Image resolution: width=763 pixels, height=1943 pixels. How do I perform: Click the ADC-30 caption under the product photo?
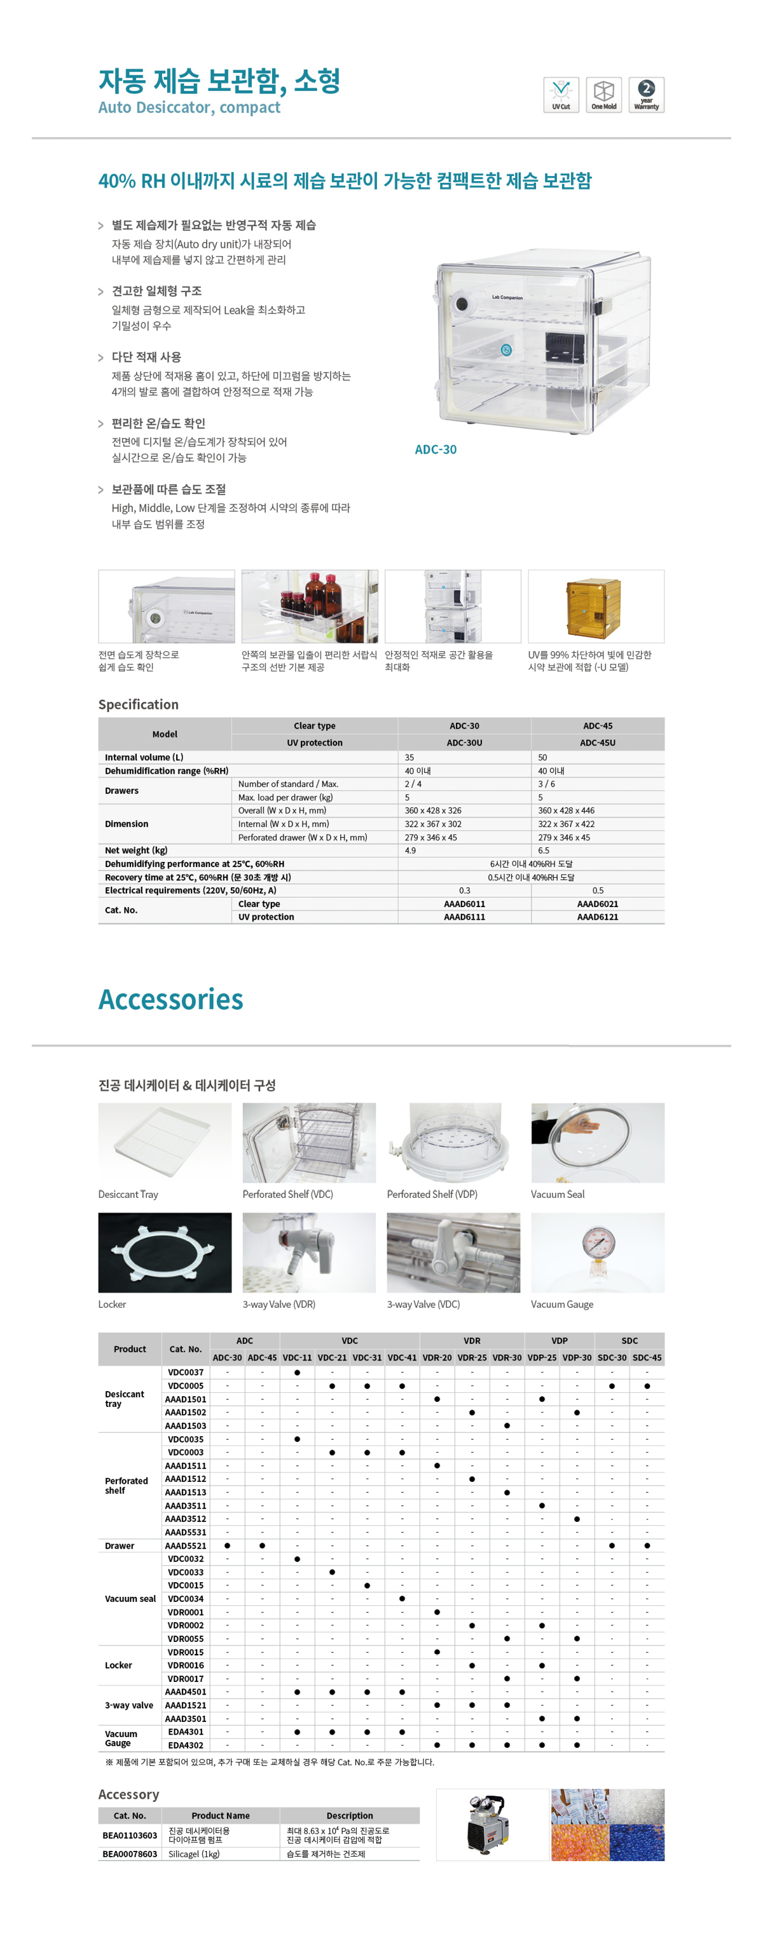436,450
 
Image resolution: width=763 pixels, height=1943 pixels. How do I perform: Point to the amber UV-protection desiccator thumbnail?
595,607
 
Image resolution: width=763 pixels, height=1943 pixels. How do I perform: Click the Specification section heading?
138,704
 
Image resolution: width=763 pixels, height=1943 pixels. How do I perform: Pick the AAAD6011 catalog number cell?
464,904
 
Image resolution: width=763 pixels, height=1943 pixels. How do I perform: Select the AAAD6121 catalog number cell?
597,917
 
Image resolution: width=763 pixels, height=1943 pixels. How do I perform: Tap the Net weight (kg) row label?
136,851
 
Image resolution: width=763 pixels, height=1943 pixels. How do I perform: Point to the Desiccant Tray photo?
165,1142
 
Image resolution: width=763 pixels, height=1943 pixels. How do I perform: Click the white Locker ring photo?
165,1252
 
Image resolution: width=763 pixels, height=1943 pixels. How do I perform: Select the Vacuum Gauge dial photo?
597,1252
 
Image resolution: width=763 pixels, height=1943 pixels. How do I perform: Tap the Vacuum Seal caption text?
557,1195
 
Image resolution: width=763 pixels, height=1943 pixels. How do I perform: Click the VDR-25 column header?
472,1358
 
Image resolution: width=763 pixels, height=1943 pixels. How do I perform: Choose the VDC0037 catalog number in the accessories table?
186,1372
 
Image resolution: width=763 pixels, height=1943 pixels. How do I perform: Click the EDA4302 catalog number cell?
186,1745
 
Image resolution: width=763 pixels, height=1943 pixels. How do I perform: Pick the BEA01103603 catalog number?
130,1835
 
